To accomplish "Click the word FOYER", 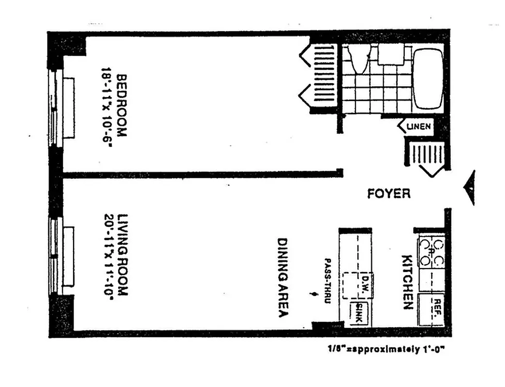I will click(x=388, y=194).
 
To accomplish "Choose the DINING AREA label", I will click(x=283, y=277).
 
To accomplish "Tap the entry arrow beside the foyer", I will click(x=470, y=188).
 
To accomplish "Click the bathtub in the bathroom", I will click(x=428, y=79).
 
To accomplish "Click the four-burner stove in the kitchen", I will click(x=431, y=252).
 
